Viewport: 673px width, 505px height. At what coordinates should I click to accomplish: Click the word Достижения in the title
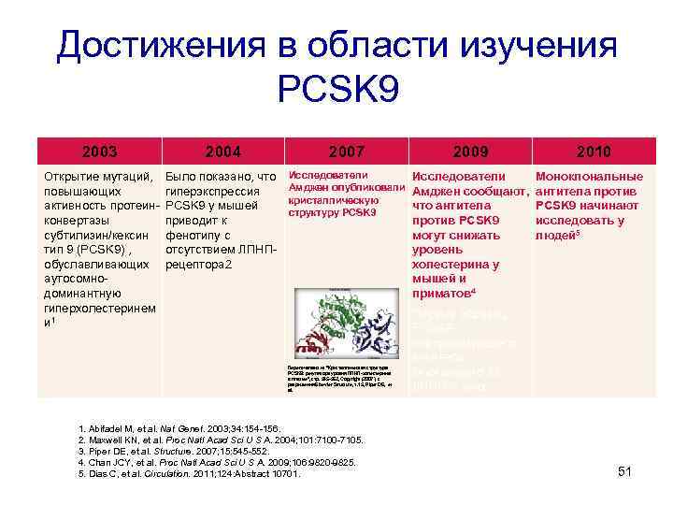(x=154, y=45)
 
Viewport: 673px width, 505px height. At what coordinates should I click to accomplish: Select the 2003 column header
(x=99, y=150)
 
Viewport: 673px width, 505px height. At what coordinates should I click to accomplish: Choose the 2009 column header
(x=470, y=150)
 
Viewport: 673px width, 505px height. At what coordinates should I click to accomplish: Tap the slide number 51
(x=625, y=472)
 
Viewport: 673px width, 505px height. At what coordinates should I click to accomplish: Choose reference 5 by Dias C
(x=190, y=474)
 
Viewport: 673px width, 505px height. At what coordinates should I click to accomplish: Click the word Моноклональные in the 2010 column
(x=588, y=176)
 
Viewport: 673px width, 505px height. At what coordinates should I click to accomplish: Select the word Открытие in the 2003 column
(x=71, y=176)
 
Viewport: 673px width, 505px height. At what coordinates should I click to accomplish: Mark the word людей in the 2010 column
(x=555, y=236)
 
